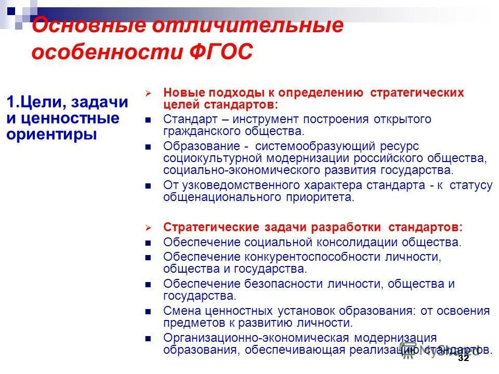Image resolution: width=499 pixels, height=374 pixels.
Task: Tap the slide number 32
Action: point(463,358)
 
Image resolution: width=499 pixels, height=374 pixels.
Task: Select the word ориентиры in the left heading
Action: point(52,135)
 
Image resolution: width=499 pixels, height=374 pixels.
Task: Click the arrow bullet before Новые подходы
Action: point(148,94)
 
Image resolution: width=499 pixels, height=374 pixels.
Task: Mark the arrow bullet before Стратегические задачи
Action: point(148,228)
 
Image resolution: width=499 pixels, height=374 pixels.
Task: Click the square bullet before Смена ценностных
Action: point(148,312)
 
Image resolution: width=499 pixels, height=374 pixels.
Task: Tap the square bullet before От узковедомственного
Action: point(148,186)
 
